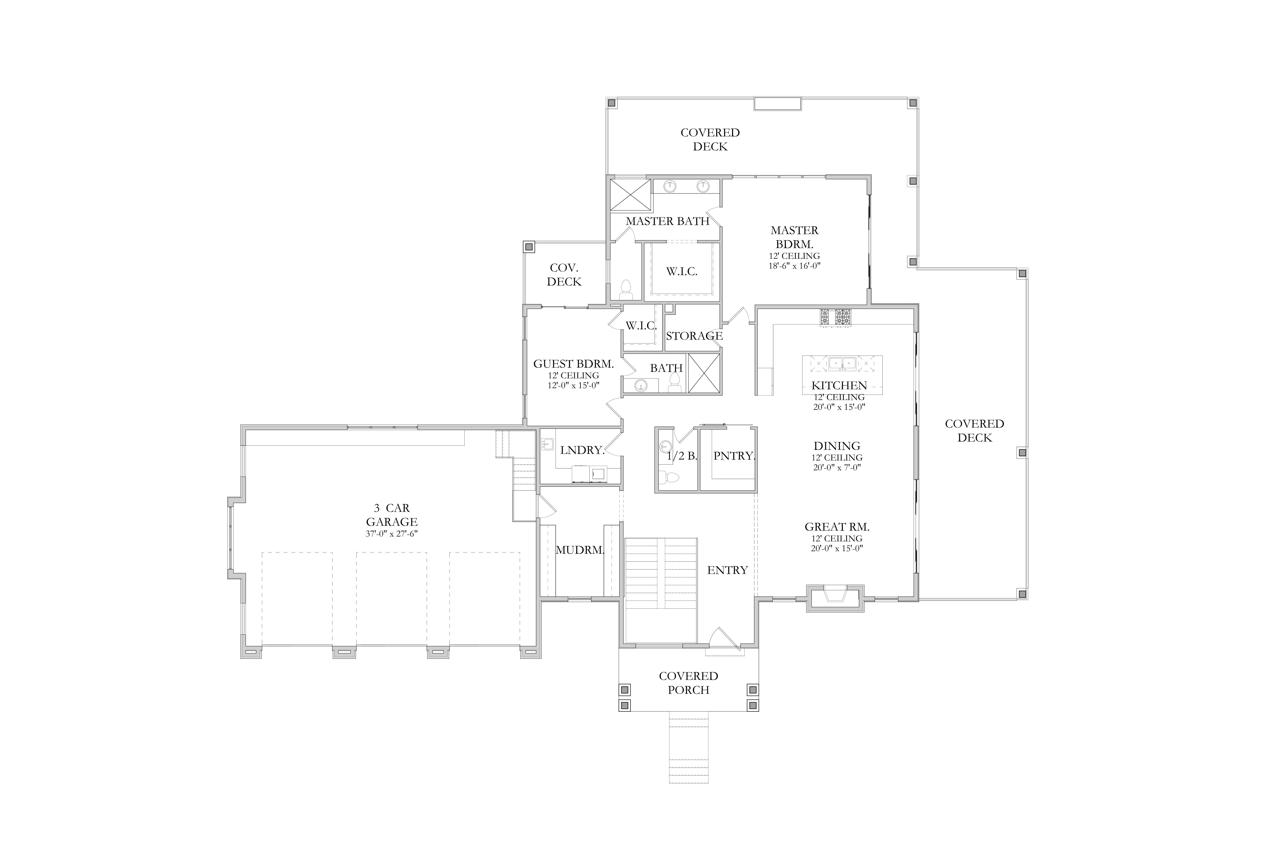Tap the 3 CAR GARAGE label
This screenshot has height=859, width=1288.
pyautogui.click(x=392, y=515)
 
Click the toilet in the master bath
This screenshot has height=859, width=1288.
pyautogui.click(x=626, y=290)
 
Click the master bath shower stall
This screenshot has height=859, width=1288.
pyautogui.click(x=631, y=195)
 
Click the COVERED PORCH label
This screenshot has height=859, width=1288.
pyautogui.click(x=688, y=683)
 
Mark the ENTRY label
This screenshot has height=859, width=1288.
pyautogui.click(x=727, y=570)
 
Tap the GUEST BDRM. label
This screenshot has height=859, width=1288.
pyautogui.click(x=573, y=364)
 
